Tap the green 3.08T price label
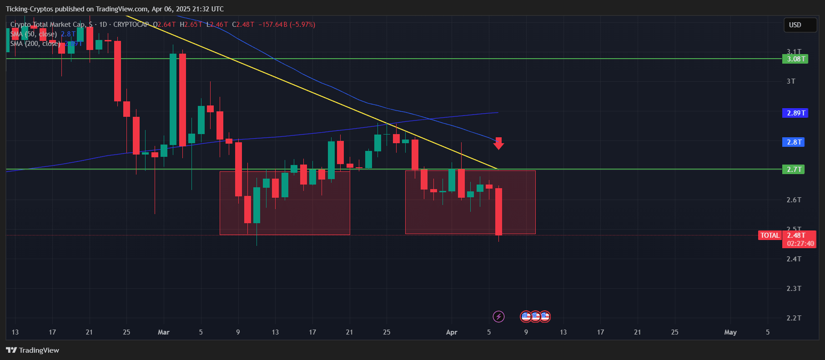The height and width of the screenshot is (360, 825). (795, 59)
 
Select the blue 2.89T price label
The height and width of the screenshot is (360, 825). (795, 113)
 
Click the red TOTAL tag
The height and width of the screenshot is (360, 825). (770, 235)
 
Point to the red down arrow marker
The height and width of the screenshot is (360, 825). (498, 144)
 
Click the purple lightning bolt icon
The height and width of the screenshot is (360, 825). (498, 316)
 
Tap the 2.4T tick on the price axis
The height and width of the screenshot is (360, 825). (794, 259)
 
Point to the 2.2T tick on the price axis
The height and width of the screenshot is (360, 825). (794, 318)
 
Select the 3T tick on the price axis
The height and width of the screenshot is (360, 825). (791, 81)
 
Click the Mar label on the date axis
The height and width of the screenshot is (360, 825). (163, 332)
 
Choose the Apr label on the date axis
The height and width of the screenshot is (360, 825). (451, 332)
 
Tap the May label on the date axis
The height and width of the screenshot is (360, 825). (730, 332)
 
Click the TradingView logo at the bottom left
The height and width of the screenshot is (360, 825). (33, 350)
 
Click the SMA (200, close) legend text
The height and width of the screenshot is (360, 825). (35, 44)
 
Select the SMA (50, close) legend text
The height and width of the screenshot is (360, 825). (34, 34)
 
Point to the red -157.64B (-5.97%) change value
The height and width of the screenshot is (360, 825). (287, 25)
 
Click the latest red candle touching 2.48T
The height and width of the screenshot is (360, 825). (498, 211)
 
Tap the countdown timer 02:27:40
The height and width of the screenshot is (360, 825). (800, 244)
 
